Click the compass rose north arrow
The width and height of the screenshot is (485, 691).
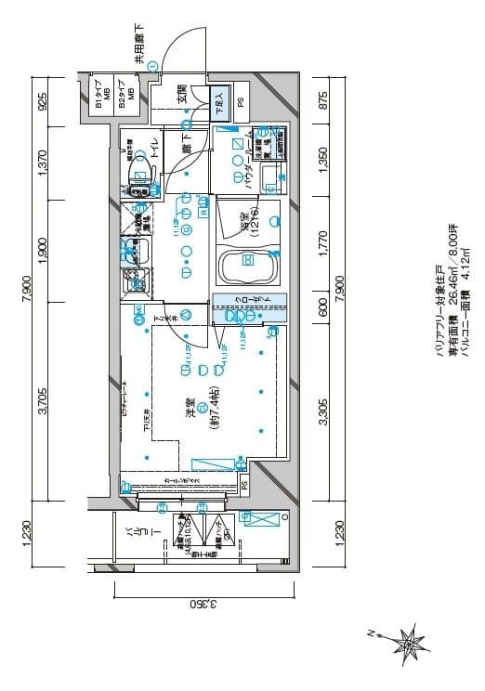pos(405,641)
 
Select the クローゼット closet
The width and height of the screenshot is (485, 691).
pos(248,308)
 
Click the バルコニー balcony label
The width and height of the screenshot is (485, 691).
pos(130,541)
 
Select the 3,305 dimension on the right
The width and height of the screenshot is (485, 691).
pos(324,410)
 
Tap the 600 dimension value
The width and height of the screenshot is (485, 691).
pos(324,308)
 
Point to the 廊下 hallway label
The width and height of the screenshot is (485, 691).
pos(186,149)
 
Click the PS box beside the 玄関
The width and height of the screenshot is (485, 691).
pos(241,100)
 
